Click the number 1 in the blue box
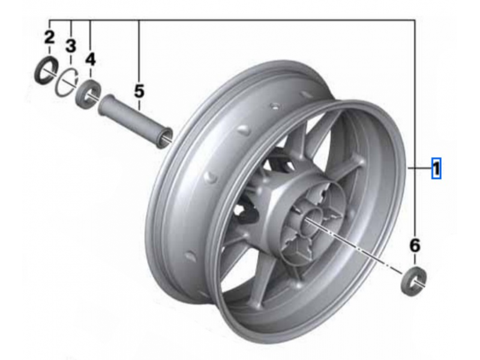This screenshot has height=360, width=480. click(x=436, y=169)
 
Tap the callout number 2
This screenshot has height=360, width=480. click(x=49, y=37)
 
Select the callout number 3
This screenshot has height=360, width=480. click(x=71, y=46)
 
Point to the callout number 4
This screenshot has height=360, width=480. click(x=90, y=59)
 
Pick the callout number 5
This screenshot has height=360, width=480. click(x=139, y=91)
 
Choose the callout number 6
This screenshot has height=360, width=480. click(x=415, y=245)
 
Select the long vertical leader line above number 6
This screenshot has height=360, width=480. click(x=415, y=120)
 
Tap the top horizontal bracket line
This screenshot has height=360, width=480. click(x=240, y=19)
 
